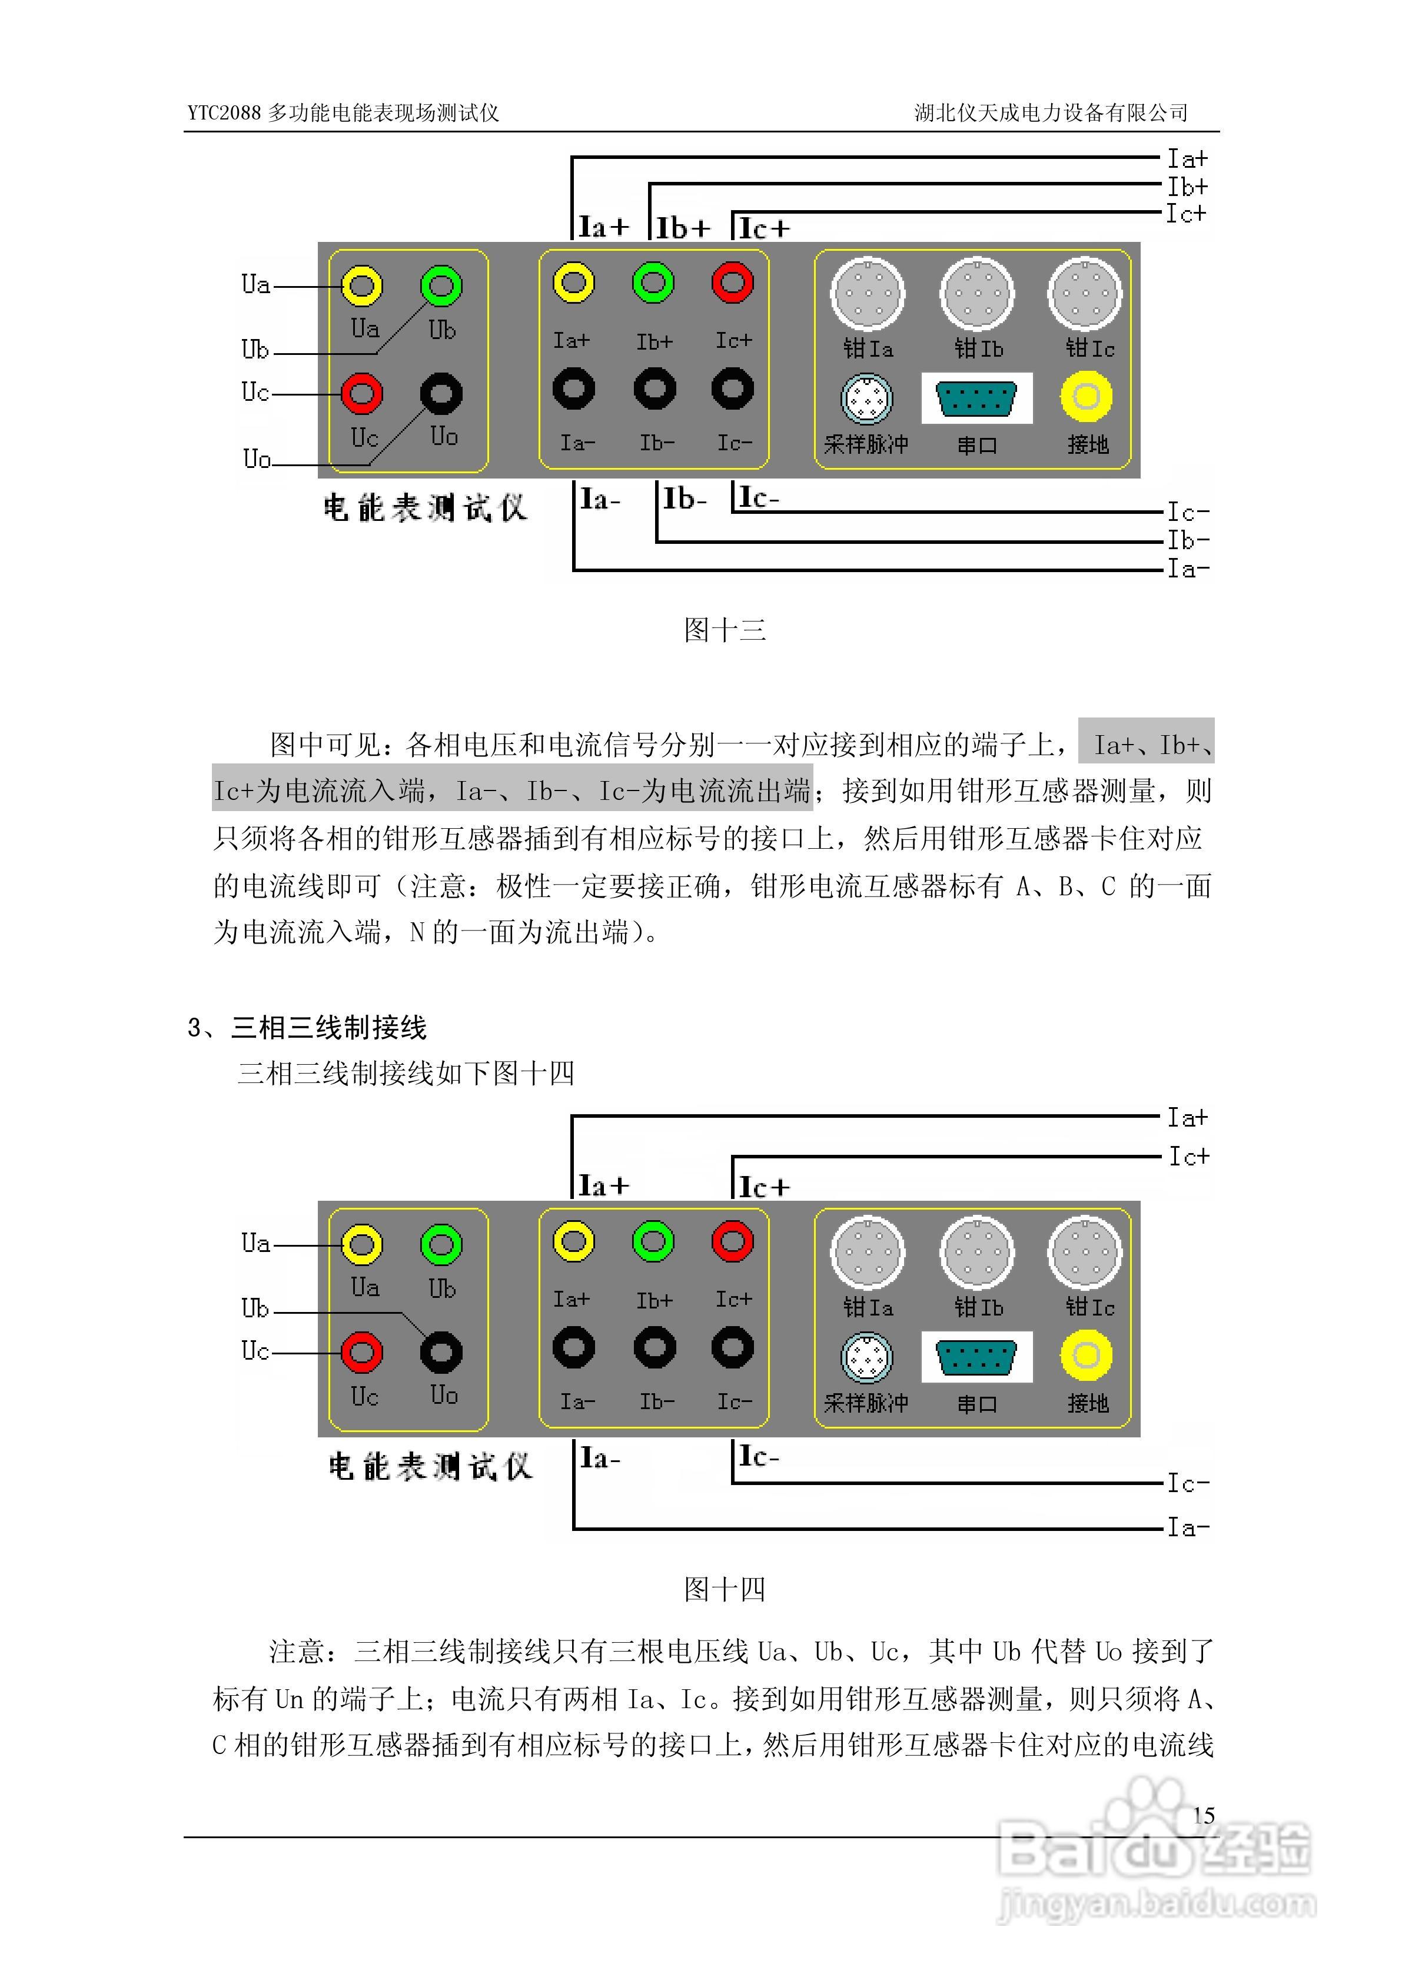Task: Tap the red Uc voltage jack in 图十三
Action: pos(362,393)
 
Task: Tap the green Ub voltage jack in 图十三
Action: pos(441,286)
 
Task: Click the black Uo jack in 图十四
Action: pos(441,1353)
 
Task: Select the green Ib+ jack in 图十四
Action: pos(654,1242)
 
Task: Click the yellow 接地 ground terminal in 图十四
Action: pos(1087,1355)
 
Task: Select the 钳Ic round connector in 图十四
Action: pos(1085,1253)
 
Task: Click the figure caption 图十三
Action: pos(725,630)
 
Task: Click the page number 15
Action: pos(1203,1815)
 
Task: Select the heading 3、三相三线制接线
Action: pos(307,1028)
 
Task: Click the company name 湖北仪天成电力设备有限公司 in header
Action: pos(1051,113)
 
